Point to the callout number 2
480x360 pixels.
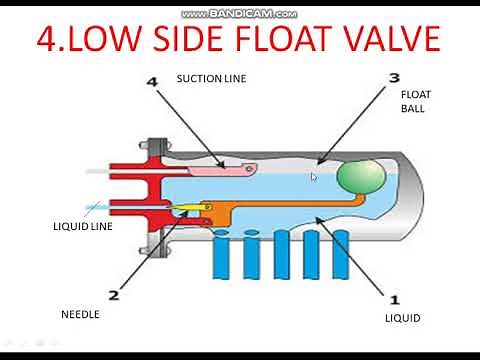pos(113,295)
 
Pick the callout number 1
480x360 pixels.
pos(393,299)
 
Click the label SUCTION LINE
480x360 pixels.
pos(211,78)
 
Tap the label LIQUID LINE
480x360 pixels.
pos(82,227)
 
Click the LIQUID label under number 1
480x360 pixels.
pos(403,319)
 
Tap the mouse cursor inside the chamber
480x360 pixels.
pos(313,177)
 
